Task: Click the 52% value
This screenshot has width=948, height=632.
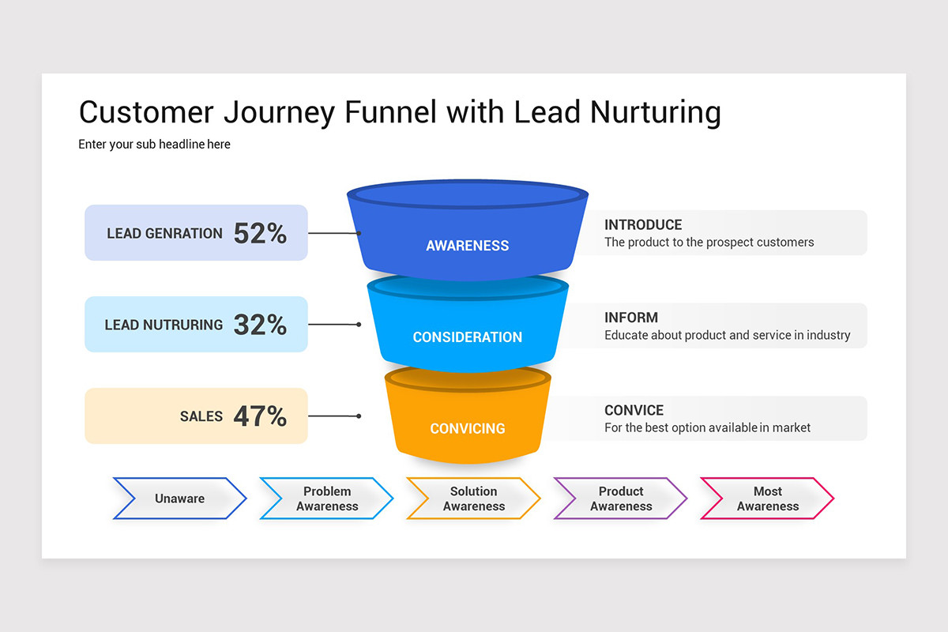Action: point(260,233)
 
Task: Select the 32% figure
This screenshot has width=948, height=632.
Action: point(260,325)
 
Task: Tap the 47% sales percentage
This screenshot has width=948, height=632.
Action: point(260,416)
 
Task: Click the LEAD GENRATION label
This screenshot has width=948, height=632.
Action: point(164,234)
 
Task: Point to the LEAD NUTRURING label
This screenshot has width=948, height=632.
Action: point(164,325)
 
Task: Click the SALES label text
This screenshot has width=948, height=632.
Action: point(201,416)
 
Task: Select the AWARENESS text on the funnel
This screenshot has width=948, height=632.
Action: point(468,246)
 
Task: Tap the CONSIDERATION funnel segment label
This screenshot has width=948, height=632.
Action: point(468,337)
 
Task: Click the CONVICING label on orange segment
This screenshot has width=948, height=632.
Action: point(468,428)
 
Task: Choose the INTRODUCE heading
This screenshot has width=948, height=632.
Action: point(643,225)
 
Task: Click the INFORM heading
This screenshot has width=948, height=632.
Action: point(631,318)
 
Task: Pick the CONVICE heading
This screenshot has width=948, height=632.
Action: point(634,410)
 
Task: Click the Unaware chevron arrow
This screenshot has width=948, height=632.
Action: point(180,498)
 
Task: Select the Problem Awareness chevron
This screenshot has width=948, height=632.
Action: point(327,498)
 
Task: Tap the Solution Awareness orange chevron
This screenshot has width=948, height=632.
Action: point(474,498)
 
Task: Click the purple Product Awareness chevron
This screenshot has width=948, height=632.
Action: point(621,498)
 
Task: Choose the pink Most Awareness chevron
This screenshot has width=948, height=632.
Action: point(768,498)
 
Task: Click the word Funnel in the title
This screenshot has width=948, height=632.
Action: point(390,112)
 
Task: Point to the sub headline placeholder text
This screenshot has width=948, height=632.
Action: point(154,145)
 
